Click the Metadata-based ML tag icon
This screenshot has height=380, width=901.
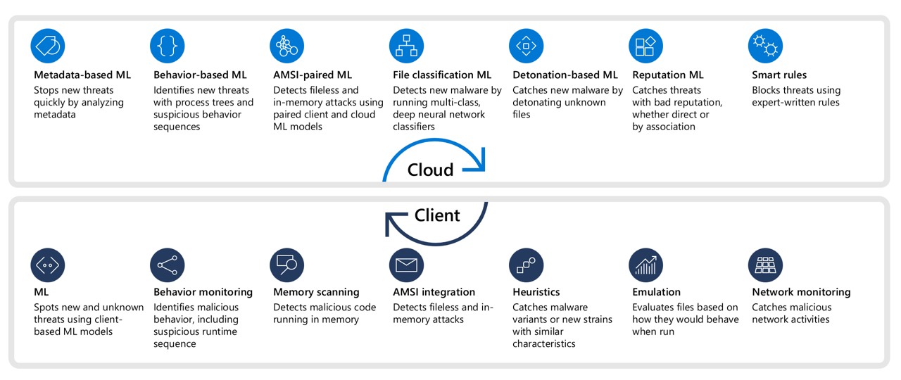(47, 46)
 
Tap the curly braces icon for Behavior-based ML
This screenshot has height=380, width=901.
(168, 46)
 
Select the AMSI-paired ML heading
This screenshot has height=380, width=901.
(312, 75)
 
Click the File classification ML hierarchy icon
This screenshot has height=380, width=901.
(406, 46)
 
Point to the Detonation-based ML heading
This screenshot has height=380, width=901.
(565, 75)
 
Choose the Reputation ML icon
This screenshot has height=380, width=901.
(645, 46)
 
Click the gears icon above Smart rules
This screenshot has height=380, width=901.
(765, 46)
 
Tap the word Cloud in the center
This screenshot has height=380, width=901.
(430, 170)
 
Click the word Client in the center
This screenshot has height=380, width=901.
(437, 215)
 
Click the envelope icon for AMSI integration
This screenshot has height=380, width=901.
(406, 265)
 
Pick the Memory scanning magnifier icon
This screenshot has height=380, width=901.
(286, 265)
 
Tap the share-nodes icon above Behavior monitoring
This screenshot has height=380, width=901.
(168, 265)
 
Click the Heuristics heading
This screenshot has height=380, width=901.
(536, 292)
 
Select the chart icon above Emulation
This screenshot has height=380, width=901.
(645, 265)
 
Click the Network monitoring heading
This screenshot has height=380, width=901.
(801, 292)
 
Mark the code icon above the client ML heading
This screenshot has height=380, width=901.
(47, 265)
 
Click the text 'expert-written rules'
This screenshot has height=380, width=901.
(795, 103)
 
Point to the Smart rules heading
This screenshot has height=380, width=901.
(779, 75)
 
